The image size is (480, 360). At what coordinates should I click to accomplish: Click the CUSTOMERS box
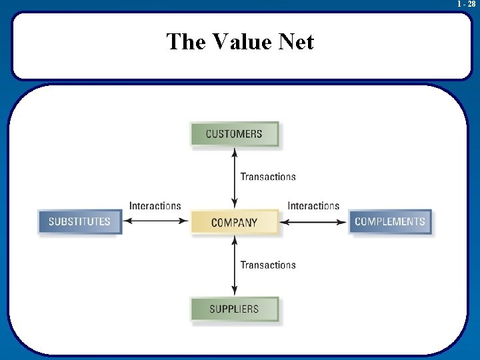(x=234, y=134)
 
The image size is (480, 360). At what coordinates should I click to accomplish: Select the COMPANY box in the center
(x=234, y=223)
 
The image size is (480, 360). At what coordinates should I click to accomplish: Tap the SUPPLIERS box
(x=234, y=309)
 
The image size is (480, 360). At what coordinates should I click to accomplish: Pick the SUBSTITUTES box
(x=79, y=221)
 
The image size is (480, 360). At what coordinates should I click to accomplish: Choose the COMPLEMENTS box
(x=389, y=221)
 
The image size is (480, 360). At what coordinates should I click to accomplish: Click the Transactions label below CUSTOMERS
(x=268, y=177)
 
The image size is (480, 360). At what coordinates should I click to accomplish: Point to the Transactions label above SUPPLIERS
(x=268, y=265)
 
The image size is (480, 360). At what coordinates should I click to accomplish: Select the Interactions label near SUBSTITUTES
(x=155, y=206)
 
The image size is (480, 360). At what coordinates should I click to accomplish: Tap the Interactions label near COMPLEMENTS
(x=313, y=206)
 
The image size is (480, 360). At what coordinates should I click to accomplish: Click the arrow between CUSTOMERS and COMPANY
(x=234, y=177)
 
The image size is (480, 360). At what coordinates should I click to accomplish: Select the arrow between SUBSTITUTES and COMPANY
(x=157, y=222)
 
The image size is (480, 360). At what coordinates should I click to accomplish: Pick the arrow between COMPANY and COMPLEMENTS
(x=313, y=222)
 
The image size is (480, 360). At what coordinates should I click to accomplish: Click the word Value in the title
(x=244, y=42)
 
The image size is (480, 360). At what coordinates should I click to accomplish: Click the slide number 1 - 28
(x=466, y=4)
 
